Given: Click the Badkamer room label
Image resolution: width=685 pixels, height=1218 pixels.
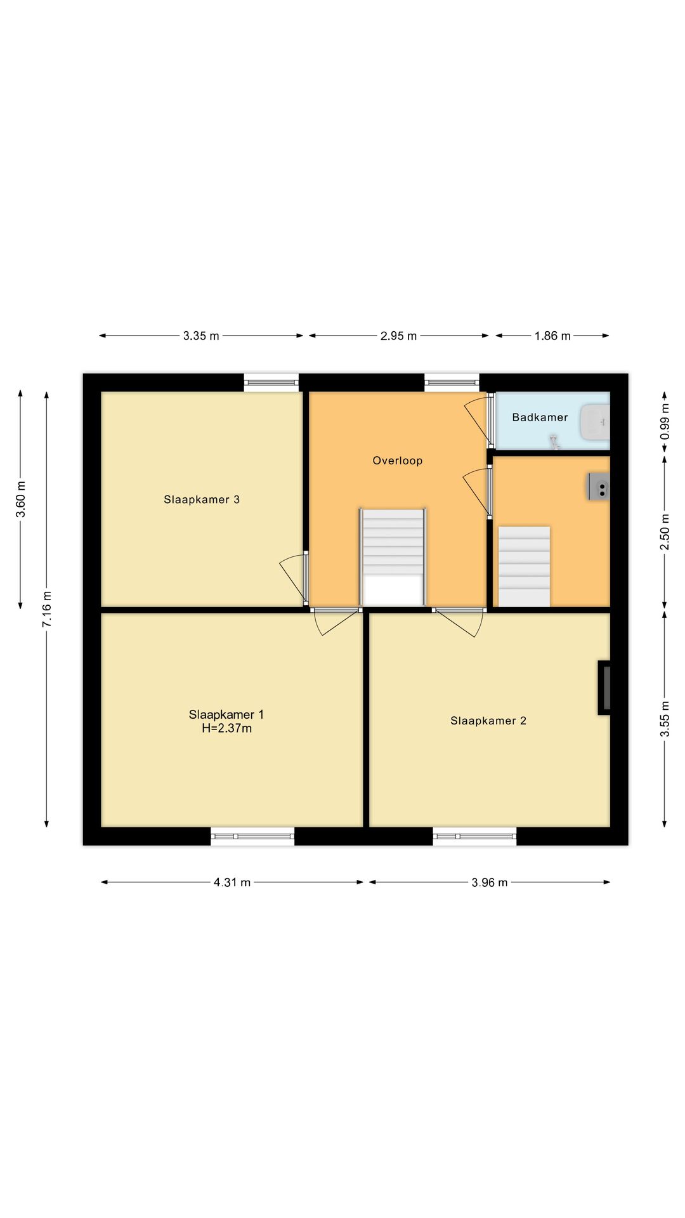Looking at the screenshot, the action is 540,417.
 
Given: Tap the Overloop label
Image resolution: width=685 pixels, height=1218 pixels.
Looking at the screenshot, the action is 398,461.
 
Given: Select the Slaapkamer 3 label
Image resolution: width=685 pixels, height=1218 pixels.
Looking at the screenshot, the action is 202,500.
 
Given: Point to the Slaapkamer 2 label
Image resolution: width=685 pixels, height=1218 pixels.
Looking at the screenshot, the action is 488,721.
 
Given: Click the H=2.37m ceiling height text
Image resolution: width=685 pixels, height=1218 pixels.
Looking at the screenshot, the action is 227,728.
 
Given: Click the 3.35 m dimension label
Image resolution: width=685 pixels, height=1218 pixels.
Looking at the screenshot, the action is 201,336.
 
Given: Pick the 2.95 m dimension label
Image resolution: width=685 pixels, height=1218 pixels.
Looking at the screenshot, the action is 398,336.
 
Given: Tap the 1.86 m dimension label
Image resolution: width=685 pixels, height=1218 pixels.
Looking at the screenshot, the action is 552,336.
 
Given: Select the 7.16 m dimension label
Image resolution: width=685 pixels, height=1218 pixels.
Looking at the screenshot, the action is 47,610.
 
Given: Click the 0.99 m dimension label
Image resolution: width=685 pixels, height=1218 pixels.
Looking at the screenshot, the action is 665,422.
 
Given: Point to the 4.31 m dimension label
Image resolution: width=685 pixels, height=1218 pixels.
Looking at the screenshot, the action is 232,882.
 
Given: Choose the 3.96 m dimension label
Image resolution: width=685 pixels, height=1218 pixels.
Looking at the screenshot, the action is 490,882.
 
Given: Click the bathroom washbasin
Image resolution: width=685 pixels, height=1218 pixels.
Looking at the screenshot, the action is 595,422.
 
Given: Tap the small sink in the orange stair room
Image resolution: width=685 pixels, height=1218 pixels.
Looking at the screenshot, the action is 599,487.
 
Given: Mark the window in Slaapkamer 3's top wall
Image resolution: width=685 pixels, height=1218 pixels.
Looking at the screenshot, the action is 271,382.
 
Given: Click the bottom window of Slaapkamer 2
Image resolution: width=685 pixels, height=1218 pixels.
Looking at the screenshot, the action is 474,836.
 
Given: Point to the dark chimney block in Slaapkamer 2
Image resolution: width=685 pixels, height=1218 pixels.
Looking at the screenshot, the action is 604,688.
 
